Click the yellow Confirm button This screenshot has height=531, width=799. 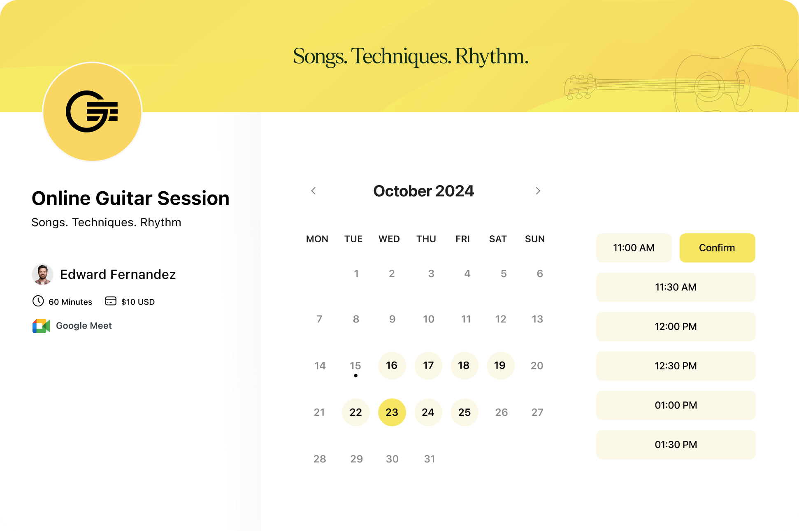717,248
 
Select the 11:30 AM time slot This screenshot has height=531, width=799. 676,287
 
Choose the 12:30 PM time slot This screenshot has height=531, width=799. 676,366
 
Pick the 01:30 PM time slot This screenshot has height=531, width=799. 676,445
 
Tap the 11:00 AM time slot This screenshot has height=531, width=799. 634,248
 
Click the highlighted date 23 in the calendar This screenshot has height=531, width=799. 392,412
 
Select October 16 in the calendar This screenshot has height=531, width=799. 392,365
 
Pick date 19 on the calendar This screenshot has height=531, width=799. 500,365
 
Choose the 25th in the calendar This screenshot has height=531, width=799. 465,412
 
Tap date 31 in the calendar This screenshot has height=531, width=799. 430,459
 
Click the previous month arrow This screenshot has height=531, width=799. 314,191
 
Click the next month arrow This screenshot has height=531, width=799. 538,191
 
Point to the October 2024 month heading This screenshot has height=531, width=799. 423,191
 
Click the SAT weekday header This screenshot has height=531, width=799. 498,239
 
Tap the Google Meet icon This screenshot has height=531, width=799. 41,326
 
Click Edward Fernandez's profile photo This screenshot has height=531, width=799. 42,274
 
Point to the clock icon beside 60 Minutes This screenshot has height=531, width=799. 38,301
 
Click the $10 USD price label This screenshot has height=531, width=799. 138,302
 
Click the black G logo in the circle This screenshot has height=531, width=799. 92,111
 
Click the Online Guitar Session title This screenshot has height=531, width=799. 130,198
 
